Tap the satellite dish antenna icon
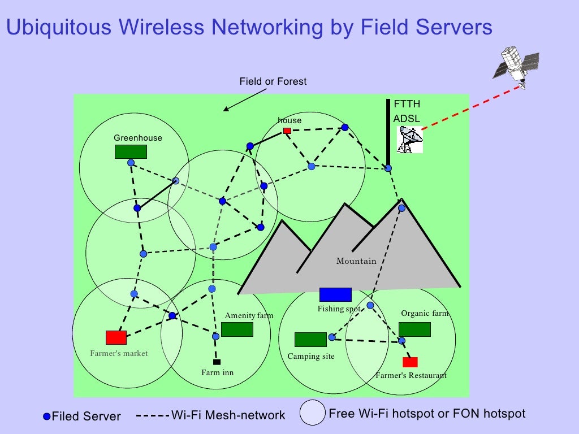pyautogui.click(x=410, y=140)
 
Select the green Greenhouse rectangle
pyautogui.click(x=131, y=151)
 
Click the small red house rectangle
pyautogui.click(x=287, y=131)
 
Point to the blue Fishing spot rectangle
pyautogui.click(x=335, y=294)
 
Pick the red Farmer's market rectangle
pyautogui.click(x=116, y=337)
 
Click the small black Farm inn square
pyautogui.click(x=216, y=362)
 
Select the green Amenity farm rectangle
pyautogui.click(x=237, y=329)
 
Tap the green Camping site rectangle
pyautogui.click(x=310, y=339)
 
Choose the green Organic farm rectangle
pyautogui.click(x=414, y=329)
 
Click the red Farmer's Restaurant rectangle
pyautogui.click(x=410, y=362)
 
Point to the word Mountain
pyautogui.click(x=356, y=261)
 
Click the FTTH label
pyautogui.click(x=407, y=104)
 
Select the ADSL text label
pyautogui.click(x=407, y=119)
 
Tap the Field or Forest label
pyautogui.click(x=273, y=81)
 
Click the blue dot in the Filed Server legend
pyautogui.click(x=47, y=417)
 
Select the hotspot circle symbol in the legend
pyautogui.click(x=312, y=413)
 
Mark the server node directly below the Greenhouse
pyautogui.click(x=131, y=163)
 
